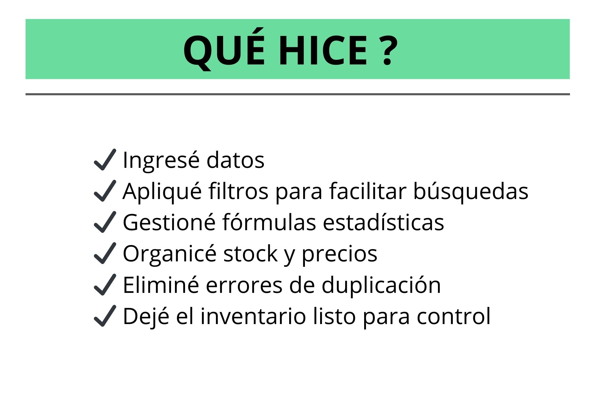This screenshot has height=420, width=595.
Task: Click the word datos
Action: (x=235, y=160)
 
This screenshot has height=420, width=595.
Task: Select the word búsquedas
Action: (x=471, y=192)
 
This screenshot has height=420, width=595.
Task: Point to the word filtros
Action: (x=238, y=191)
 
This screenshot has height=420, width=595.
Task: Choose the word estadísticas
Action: (x=383, y=222)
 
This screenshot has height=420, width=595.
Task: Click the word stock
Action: (x=250, y=253)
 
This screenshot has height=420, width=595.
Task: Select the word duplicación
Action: (x=381, y=285)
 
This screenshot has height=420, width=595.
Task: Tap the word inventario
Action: (x=253, y=316)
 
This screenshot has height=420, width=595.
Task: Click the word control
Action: (x=453, y=316)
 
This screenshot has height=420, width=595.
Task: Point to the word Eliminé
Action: (x=161, y=285)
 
